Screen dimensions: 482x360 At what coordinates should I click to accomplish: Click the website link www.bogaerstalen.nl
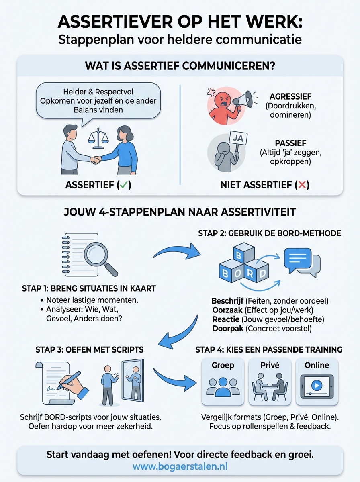pyautogui.click(x=180, y=467)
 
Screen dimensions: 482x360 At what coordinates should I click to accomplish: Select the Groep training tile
pyautogui.click(x=223, y=382)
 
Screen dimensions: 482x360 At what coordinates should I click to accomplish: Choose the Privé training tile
pyautogui.click(x=270, y=382)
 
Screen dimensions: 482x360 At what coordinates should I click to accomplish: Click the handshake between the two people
pyautogui.click(x=96, y=159)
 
